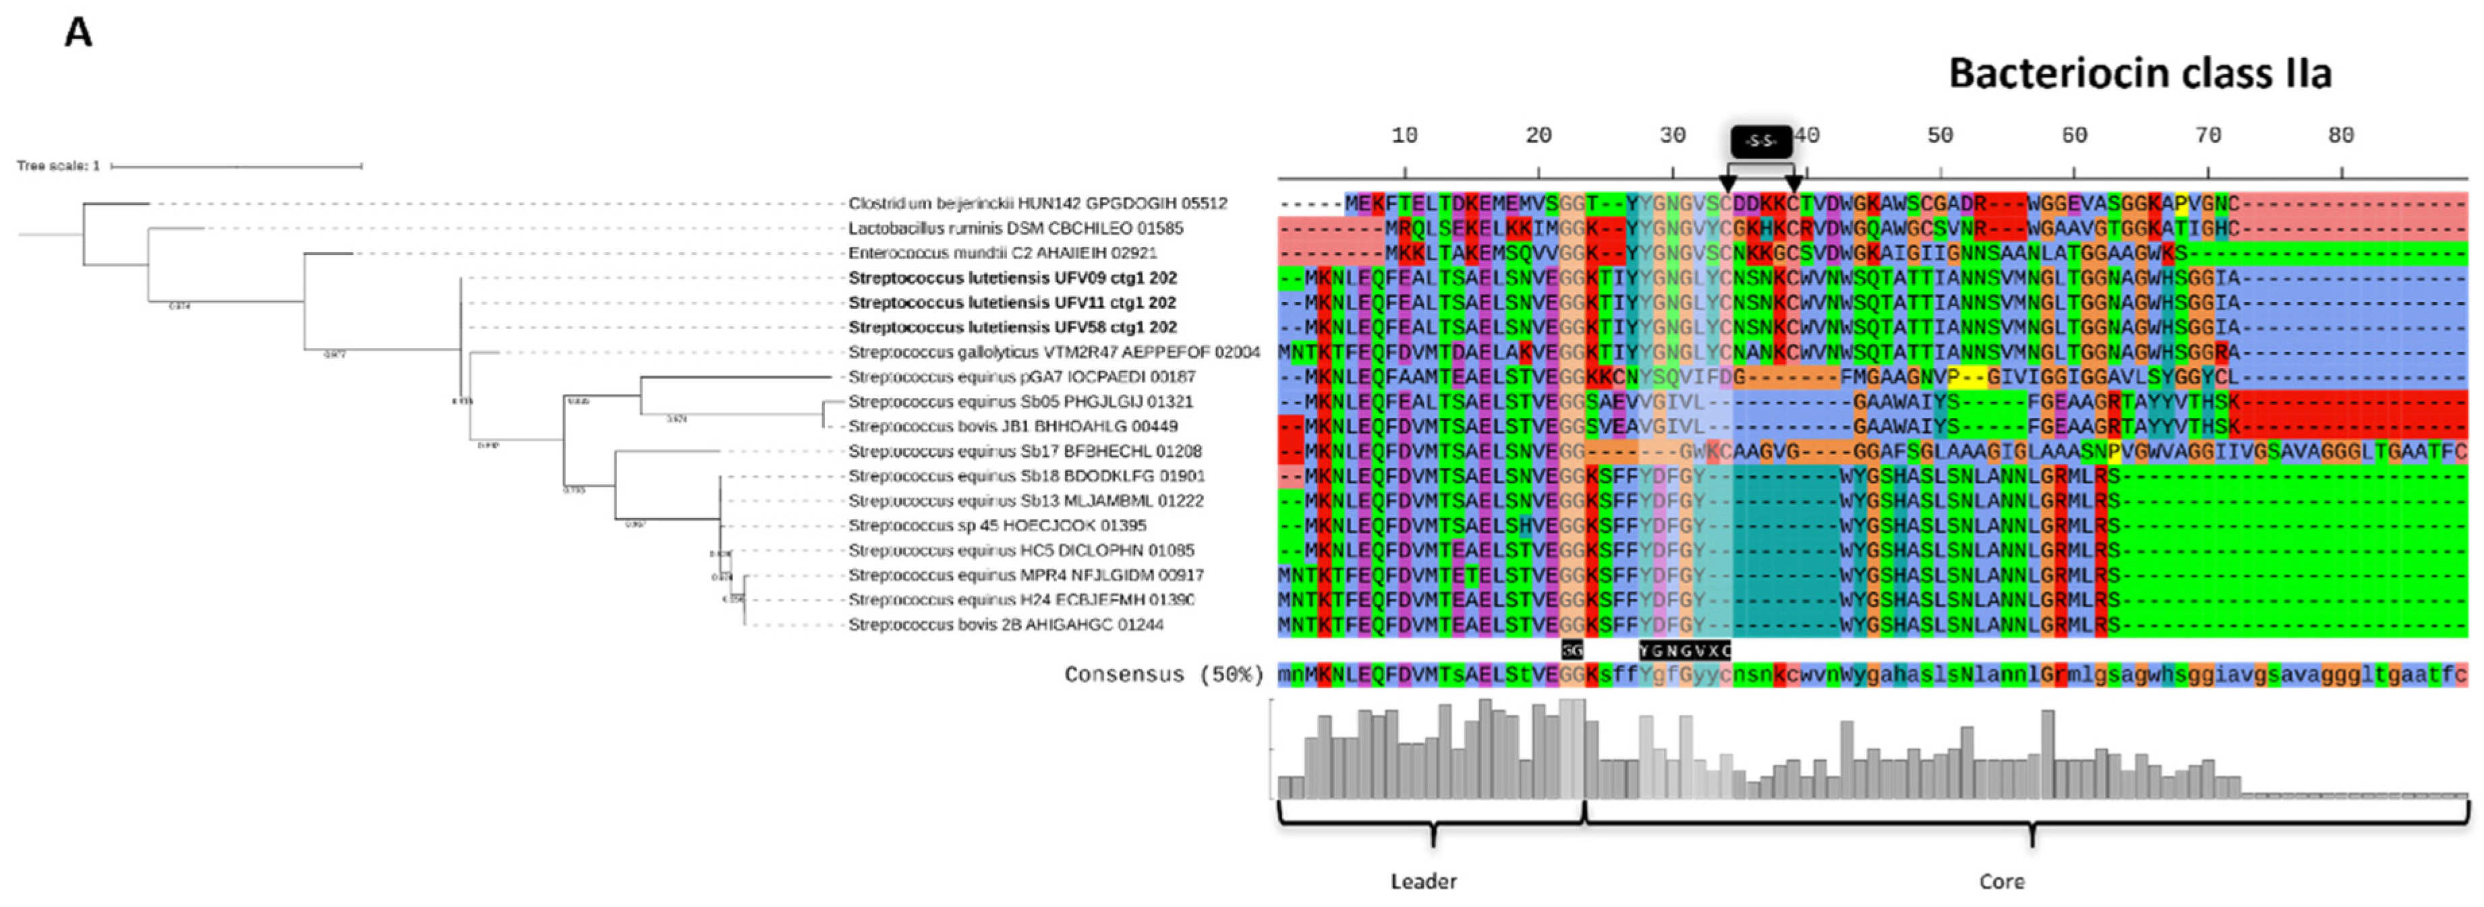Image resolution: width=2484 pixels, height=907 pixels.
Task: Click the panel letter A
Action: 78,34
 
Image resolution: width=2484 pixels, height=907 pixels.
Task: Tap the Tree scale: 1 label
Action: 58,166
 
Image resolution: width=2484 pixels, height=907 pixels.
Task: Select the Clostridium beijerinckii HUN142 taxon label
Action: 1037,204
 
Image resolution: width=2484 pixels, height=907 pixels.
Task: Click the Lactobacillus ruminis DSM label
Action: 1014,229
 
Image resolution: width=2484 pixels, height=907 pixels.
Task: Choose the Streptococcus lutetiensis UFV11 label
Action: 1012,303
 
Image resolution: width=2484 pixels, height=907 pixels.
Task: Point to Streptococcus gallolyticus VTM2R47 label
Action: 1053,353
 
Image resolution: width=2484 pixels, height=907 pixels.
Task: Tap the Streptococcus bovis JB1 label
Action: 1012,426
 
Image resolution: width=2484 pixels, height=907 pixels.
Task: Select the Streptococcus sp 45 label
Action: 997,525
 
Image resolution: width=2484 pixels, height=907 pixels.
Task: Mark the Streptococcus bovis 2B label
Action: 1006,624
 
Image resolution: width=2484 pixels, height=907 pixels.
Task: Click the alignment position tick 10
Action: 1404,136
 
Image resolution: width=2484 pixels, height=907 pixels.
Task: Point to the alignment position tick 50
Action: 1939,136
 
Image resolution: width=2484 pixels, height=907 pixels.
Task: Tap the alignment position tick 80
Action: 2340,136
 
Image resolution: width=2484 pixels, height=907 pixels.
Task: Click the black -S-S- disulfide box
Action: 1761,142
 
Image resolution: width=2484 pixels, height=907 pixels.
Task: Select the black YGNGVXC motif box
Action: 1685,651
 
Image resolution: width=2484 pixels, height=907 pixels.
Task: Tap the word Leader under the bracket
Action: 1423,881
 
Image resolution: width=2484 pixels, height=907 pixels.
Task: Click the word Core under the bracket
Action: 2001,881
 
